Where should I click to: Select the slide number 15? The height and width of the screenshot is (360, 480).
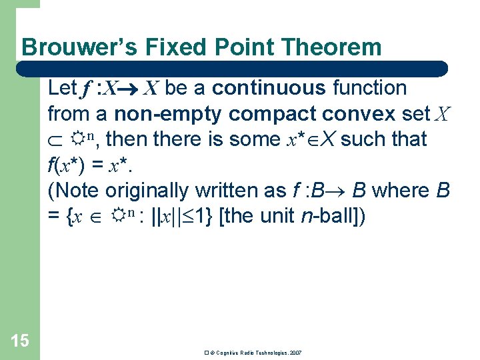(x=20, y=341)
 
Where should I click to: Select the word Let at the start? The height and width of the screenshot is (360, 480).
(x=63, y=88)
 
